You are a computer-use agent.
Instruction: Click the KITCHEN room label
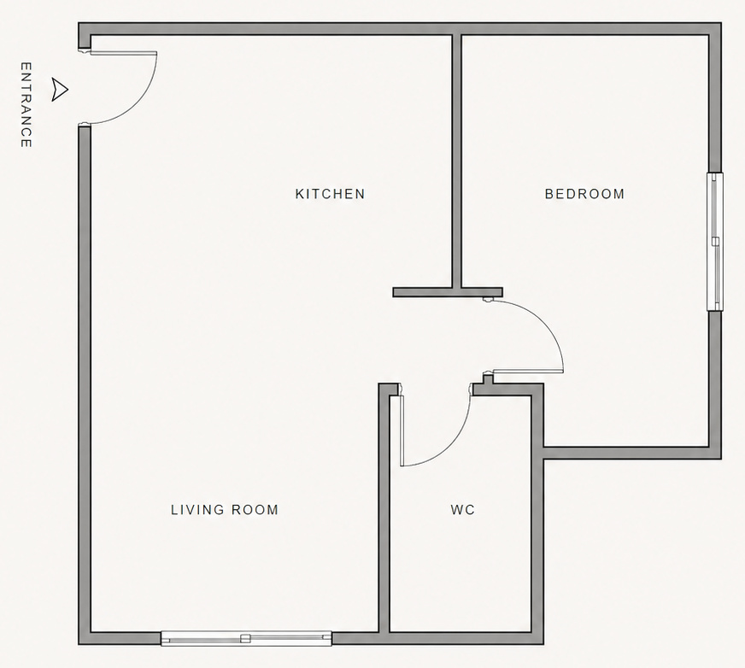[x=330, y=194]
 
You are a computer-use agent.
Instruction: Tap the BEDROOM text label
[x=584, y=194]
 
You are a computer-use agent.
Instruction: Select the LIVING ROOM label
[x=225, y=510]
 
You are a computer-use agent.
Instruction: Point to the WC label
[x=463, y=510]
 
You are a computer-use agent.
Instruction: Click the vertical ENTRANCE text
[x=26, y=105]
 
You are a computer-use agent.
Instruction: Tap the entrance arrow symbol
[x=59, y=89]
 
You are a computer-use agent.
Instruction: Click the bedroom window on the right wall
[x=715, y=242]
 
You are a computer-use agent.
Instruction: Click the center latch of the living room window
[x=245, y=638]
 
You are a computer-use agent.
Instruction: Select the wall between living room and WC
[x=384, y=513]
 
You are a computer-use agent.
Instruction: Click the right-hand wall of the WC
[x=537, y=530]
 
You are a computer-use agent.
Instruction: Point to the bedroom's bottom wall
[x=628, y=453]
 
